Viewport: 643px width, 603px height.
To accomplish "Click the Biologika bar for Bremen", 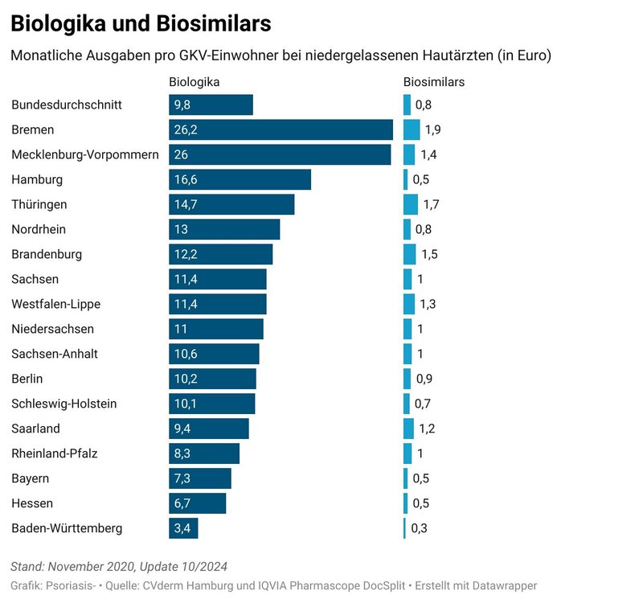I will click(x=281, y=129).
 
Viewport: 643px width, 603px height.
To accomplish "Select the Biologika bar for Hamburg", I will click(x=240, y=179).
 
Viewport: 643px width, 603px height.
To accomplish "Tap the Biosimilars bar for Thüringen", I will click(x=410, y=204).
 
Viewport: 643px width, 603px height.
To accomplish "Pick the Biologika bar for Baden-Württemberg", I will click(x=183, y=528).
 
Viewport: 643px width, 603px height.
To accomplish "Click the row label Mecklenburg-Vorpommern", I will click(x=85, y=154).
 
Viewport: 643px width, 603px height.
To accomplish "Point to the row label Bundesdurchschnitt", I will click(x=67, y=105).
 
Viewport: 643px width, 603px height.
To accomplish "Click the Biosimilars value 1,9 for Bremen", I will click(x=432, y=129).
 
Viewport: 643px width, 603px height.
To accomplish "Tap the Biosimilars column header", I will click(x=434, y=81).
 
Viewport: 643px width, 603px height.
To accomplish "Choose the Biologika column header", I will click(x=195, y=81).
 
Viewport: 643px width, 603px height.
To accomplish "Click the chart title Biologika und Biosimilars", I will click(x=140, y=24).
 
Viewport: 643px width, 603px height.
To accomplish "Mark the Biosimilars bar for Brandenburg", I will click(x=409, y=254).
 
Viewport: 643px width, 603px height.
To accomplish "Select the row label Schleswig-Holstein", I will click(x=64, y=404).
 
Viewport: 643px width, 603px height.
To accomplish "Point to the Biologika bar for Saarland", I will click(x=209, y=429).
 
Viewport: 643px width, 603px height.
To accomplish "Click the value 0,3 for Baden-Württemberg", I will click(x=420, y=528).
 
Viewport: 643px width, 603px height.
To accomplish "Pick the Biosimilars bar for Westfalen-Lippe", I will click(x=408, y=304).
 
